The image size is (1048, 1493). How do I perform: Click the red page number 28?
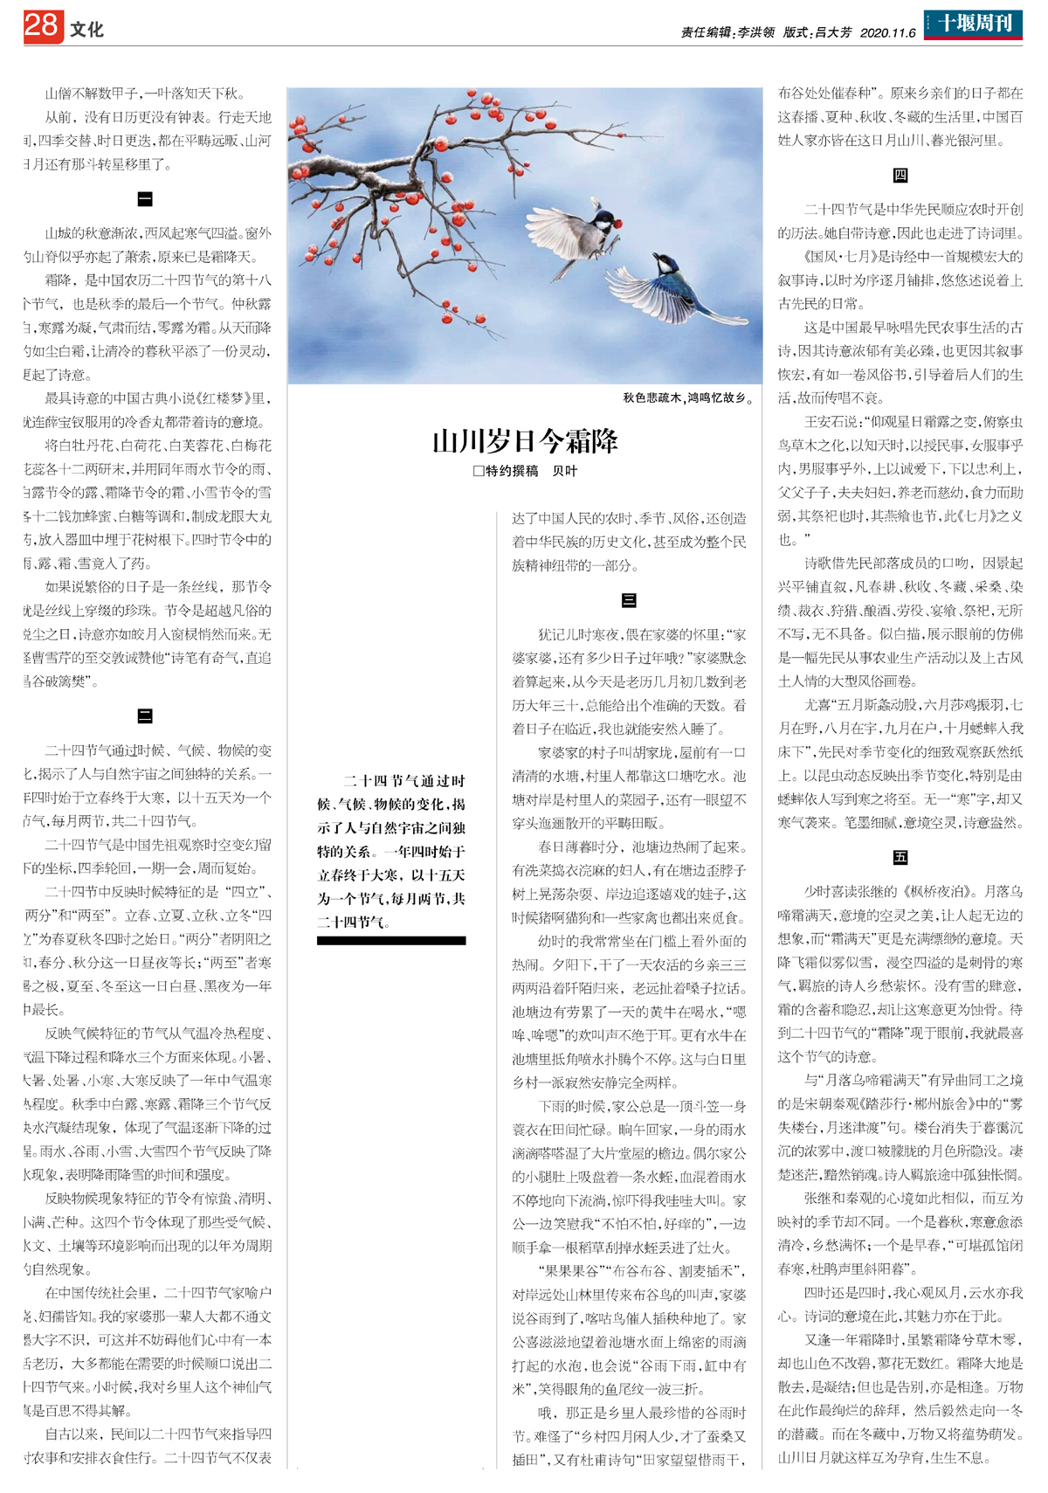(x=42, y=26)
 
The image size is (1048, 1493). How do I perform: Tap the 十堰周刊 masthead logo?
(x=973, y=24)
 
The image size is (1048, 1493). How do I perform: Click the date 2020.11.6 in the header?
(x=887, y=33)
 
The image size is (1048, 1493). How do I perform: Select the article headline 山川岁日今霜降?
(x=525, y=441)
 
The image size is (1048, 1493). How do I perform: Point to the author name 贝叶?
(x=564, y=471)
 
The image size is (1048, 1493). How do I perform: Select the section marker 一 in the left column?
(x=145, y=199)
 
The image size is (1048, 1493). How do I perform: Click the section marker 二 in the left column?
(x=145, y=716)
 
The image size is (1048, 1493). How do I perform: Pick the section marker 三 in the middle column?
(x=629, y=600)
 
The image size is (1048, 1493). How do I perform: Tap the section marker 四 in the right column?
(x=900, y=176)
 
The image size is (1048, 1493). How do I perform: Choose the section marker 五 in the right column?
(x=900, y=857)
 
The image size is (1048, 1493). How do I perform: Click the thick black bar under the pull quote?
(x=391, y=941)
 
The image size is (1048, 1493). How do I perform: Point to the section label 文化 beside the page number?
(x=86, y=30)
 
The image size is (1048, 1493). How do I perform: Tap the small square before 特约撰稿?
(x=478, y=471)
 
